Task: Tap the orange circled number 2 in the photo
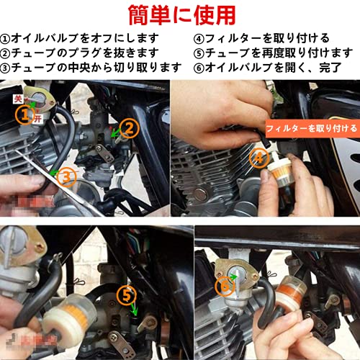[x=127, y=128]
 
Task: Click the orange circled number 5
[x=127, y=294]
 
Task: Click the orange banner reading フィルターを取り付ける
[x=311, y=127]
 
